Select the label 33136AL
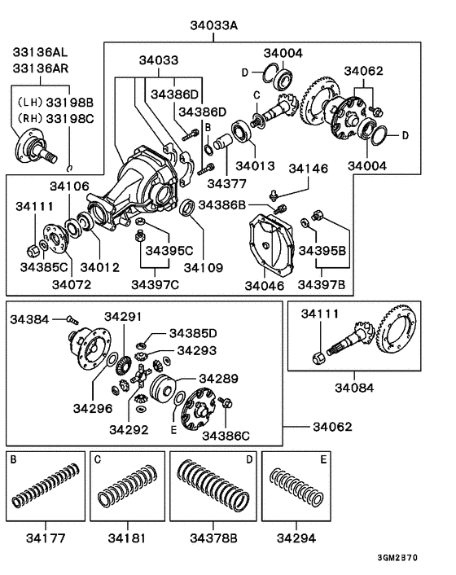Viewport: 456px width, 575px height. [x=40, y=51]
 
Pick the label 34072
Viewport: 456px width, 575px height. [x=72, y=284]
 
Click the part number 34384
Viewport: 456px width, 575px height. [x=30, y=319]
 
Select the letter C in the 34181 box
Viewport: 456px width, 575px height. [x=96, y=460]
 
